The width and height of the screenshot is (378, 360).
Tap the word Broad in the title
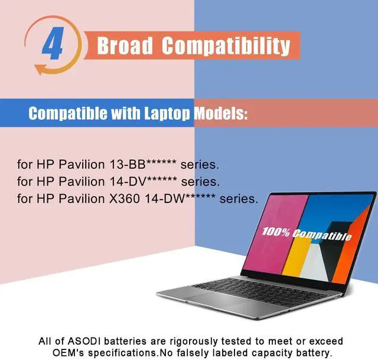point(124,45)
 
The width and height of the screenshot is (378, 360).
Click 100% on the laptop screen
point(276,231)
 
